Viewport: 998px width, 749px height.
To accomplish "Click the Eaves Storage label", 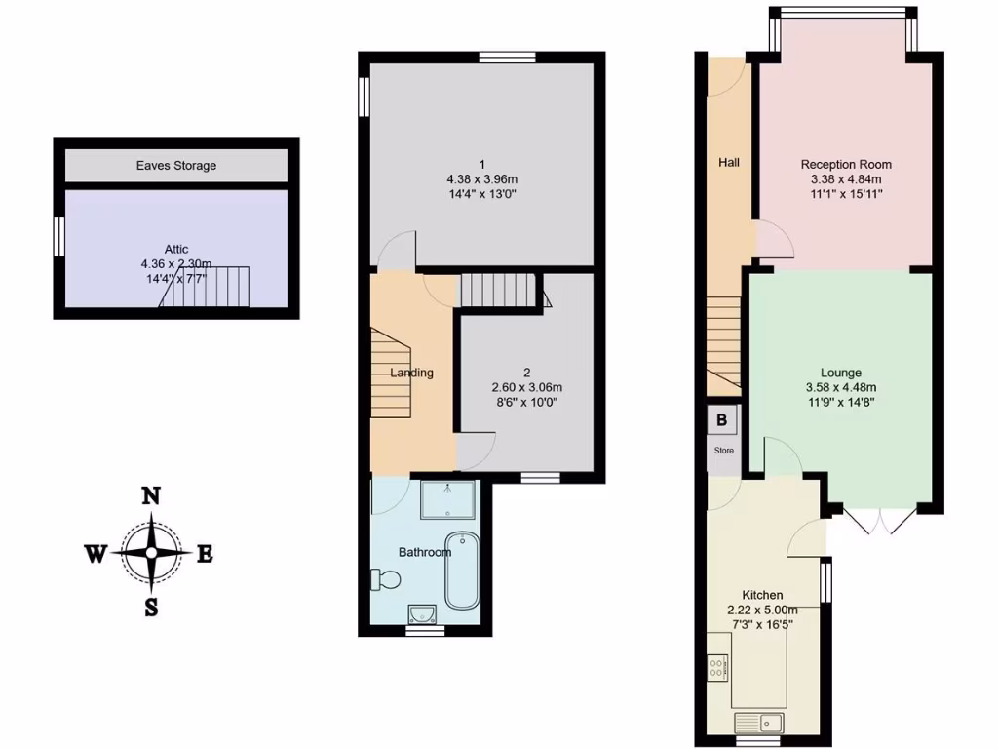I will (175, 166).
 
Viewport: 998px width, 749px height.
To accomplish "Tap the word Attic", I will (176, 249).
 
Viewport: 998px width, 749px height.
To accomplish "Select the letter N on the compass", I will (151, 495).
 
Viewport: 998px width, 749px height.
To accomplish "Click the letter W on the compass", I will (95, 554).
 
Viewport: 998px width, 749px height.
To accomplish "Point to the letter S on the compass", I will (152, 608).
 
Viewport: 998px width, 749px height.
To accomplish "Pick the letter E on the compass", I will (205, 554).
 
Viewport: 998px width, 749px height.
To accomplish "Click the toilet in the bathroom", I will (385, 580).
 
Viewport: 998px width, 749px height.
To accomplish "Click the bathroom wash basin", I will (422, 612).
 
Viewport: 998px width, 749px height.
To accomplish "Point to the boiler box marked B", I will (722, 420).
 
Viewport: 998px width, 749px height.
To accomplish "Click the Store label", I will (723, 451).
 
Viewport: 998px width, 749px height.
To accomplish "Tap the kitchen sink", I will (759, 723).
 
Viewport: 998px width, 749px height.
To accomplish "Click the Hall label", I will (729, 163).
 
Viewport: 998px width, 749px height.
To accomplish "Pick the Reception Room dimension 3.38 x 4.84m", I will (846, 179).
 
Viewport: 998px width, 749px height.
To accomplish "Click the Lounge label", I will (840, 373).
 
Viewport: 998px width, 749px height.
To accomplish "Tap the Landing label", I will (411, 373).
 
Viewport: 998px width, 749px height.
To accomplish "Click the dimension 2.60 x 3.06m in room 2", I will (527, 387).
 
